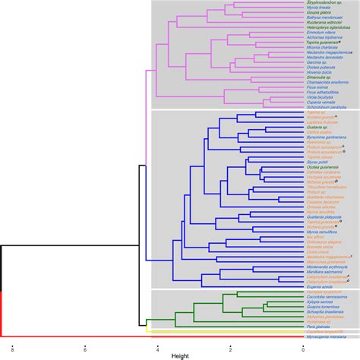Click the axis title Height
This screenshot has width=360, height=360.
click(180, 355)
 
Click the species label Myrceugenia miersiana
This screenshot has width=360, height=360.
click(327, 335)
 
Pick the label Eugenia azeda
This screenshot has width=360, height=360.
click(320, 286)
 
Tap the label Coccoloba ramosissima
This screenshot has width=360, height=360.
click(327, 295)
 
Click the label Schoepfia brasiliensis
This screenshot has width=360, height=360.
click(327, 310)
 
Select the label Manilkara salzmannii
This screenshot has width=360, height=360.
click(326, 271)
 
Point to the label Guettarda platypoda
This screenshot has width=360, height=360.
click(325, 216)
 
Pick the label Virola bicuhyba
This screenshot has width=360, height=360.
click(322, 98)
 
